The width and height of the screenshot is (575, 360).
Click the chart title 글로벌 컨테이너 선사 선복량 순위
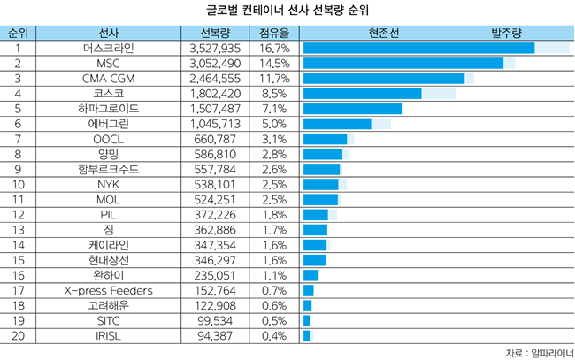point(287,11)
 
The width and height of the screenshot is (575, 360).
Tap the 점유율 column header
point(274,33)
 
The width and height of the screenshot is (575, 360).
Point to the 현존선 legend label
point(382,33)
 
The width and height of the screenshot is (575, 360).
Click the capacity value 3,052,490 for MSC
point(215,63)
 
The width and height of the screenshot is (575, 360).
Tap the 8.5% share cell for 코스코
point(274,93)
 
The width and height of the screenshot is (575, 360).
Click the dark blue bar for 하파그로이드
point(352,108)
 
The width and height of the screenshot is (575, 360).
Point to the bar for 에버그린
point(337,123)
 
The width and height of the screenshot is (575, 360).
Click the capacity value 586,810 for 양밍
point(215,154)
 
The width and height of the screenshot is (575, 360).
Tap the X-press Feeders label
point(109,290)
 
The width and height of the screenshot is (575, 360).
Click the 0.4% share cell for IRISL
point(274,335)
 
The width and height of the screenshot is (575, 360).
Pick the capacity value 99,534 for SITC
point(215,320)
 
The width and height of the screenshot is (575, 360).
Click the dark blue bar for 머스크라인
point(418,48)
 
